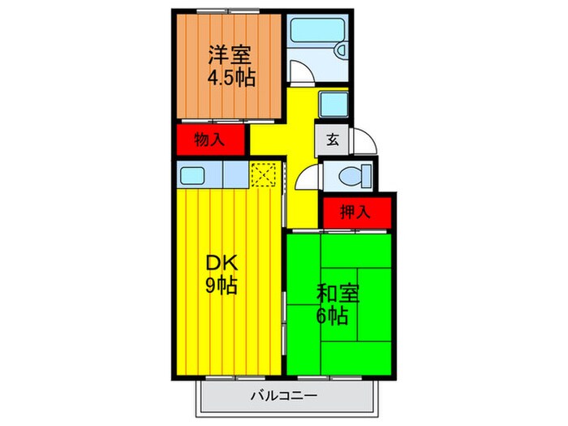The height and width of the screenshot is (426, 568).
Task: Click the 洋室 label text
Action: coord(230,56)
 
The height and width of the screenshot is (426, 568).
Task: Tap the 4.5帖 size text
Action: coord(230,79)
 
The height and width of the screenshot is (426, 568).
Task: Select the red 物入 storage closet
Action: coord(210,140)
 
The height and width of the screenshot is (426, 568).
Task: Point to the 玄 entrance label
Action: coord(333,139)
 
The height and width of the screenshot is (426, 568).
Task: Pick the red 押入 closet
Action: coord(355,213)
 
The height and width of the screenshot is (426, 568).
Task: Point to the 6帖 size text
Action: coord(332,316)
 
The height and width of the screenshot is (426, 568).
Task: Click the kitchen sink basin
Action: coord(193,174)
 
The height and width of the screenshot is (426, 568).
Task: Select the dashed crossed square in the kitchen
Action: coord(264,174)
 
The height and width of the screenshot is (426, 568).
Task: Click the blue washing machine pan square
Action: coord(333,104)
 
